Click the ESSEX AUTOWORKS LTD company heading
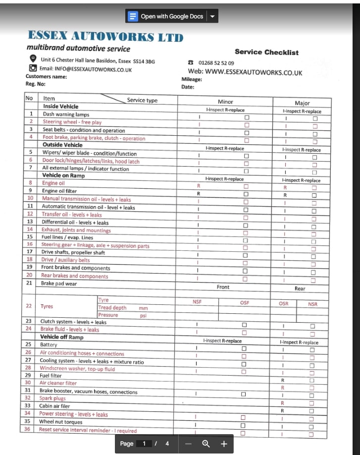[105, 36]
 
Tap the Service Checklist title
[266, 52]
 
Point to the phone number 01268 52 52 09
[216, 63]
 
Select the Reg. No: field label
[35, 84]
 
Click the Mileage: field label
[192, 79]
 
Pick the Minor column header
[225, 102]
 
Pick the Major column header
[302, 103]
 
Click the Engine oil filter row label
[59, 191]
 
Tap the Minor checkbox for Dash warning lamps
[247, 117]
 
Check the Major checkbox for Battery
[312, 349]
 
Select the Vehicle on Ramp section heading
[63, 175]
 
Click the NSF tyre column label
[197, 302]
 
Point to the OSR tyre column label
[283, 304]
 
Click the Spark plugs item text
[52, 398]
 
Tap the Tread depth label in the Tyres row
[112, 308]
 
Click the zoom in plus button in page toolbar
[224, 444]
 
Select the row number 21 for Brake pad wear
[30, 284]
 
